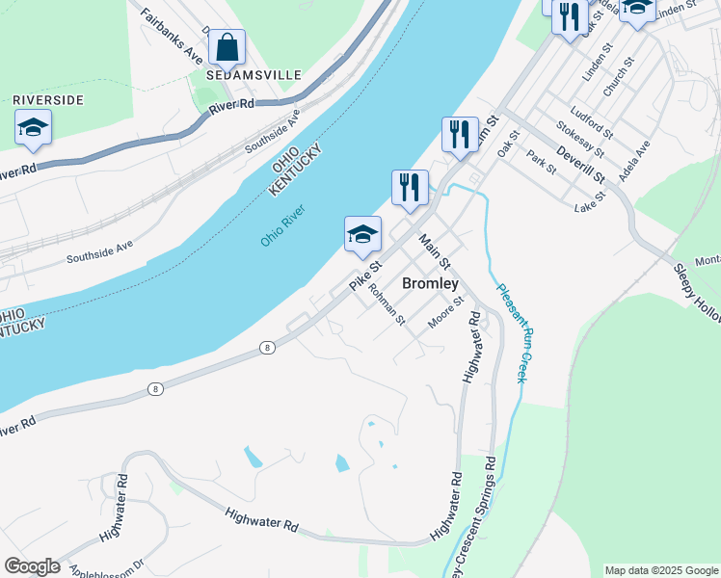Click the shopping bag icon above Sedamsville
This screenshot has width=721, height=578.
(x=227, y=46)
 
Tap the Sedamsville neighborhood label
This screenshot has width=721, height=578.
(x=254, y=75)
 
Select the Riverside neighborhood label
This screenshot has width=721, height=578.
(x=48, y=100)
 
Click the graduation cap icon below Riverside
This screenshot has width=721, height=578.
(x=33, y=128)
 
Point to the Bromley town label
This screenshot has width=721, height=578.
(x=429, y=284)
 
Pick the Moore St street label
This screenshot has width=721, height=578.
(x=446, y=310)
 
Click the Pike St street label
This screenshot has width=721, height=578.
(x=366, y=276)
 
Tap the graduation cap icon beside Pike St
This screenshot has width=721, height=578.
(x=362, y=235)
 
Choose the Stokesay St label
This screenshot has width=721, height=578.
(x=580, y=139)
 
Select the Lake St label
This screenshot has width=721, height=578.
(x=589, y=201)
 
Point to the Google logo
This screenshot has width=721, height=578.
(x=32, y=566)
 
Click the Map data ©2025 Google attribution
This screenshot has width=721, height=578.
(x=660, y=570)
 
